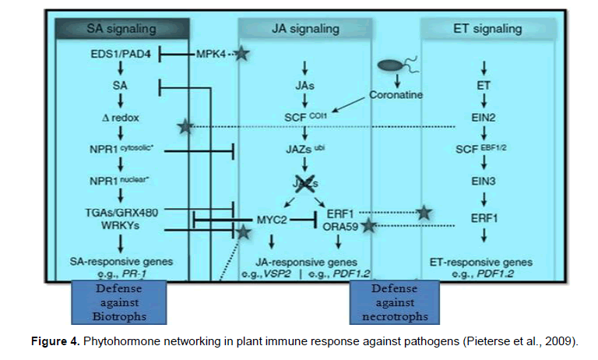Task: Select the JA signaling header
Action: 306,30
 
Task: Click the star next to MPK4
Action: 241,55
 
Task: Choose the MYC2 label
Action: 272,221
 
